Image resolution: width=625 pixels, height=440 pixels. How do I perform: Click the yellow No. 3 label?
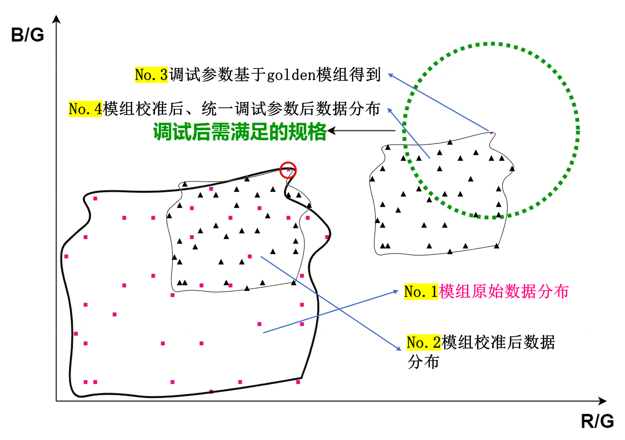pos(151,75)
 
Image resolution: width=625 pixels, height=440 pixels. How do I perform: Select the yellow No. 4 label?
pos(85,109)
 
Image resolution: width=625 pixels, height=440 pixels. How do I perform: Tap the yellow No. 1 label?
pos(421,292)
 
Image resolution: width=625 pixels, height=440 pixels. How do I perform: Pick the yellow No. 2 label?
pos(424,343)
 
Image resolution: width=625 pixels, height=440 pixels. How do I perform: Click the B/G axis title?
pos(27,35)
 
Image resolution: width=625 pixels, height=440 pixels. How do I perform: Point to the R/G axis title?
pos(597,421)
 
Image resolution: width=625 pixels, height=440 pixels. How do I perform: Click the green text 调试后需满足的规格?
pos(239,131)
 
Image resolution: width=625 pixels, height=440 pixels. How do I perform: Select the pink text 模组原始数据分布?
pos(504,292)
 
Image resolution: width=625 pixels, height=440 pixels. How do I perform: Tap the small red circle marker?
pos(288,170)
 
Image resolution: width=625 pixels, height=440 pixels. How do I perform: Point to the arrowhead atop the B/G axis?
pos(56,18)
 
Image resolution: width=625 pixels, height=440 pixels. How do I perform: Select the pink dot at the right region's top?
pos(492,133)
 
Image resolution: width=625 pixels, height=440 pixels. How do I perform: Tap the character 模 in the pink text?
pos(447,292)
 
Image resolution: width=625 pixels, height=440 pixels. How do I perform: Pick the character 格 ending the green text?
pos(317,131)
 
